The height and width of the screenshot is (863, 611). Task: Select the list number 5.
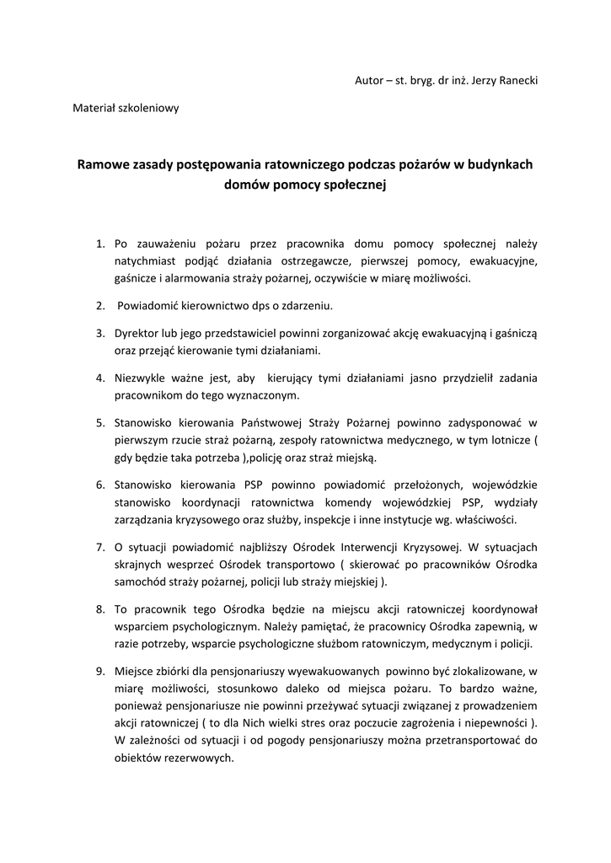[x=99, y=421]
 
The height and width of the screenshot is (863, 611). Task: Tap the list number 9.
[x=99, y=671]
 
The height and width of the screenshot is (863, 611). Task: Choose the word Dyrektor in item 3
[x=138, y=333]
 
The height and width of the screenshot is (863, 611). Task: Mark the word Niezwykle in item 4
[x=141, y=378]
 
